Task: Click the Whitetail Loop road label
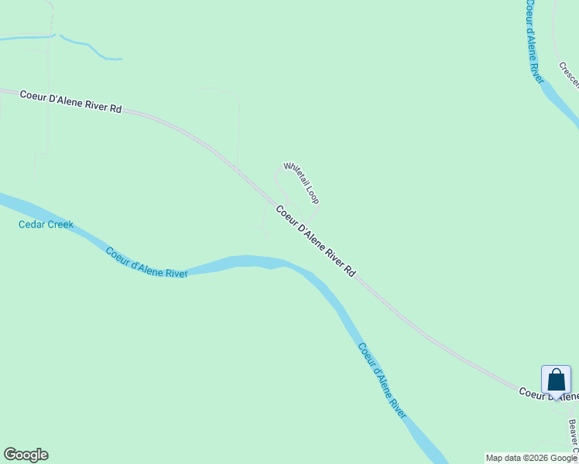pyautogui.click(x=301, y=183)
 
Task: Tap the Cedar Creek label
pyautogui.click(x=46, y=225)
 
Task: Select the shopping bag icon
pyautogui.click(x=556, y=380)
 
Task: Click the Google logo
pyautogui.click(x=26, y=455)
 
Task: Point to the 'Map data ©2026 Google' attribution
pyautogui.click(x=531, y=459)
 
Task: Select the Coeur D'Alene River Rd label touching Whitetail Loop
pyautogui.click(x=316, y=241)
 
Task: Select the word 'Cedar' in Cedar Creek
pyautogui.click(x=32, y=225)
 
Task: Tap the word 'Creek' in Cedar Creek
pyautogui.click(x=60, y=225)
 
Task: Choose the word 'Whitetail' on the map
pyautogui.click(x=295, y=176)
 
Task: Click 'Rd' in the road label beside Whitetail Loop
pyautogui.click(x=350, y=272)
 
